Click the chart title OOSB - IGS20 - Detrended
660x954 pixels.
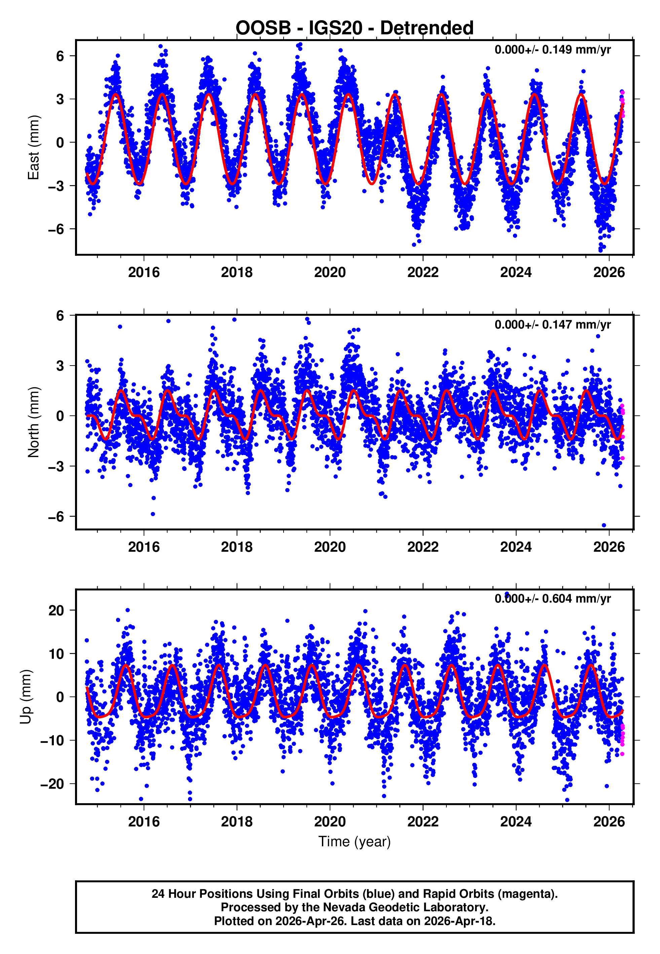point(355,28)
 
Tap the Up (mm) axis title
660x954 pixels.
point(26,697)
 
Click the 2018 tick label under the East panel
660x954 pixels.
point(236,272)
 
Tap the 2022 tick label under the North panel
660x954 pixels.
point(423,547)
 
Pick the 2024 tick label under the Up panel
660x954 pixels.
point(516,821)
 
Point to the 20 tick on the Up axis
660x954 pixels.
point(56,610)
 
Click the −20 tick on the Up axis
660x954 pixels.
point(52,784)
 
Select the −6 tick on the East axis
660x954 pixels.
point(56,229)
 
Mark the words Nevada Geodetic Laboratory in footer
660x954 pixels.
point(405,907)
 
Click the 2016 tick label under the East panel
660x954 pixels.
point(144,272)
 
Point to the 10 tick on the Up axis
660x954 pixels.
point(56,654)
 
